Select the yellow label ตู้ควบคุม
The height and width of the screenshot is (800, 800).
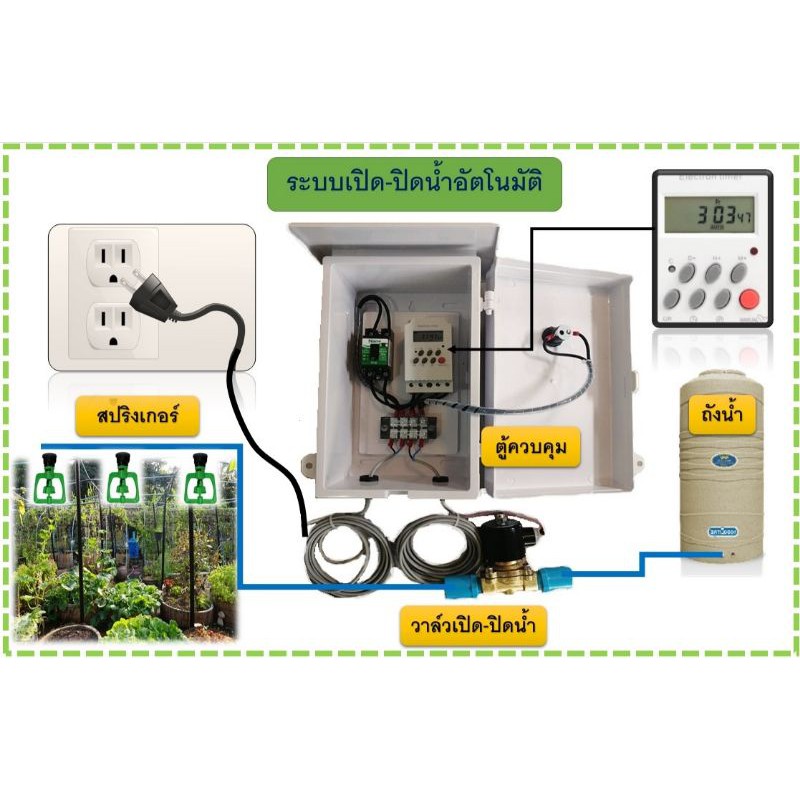click(x=530, y=447)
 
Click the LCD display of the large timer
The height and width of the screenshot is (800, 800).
click(x=711, y=212)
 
